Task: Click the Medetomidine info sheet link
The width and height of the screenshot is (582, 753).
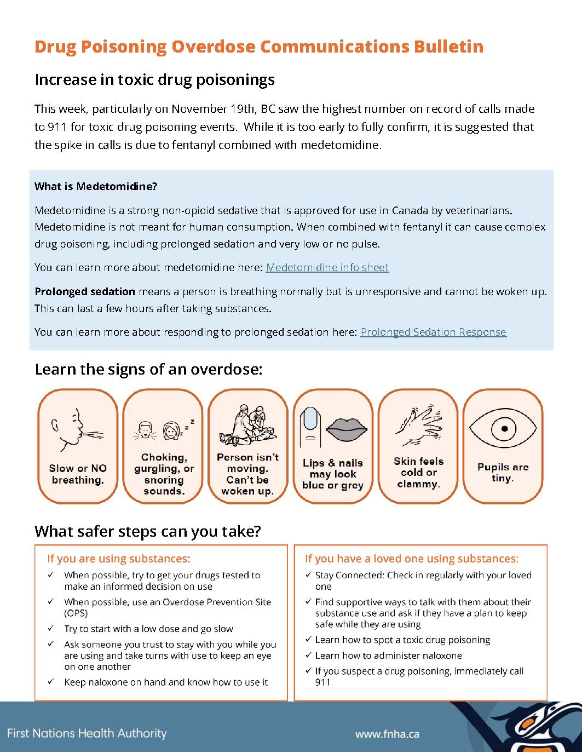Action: pos(327,268)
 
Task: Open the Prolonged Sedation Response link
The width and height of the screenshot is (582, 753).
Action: pos(433,332)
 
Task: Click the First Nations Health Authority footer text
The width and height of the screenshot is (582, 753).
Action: pos(87,733)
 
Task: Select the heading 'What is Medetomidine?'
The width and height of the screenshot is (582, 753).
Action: pos(96,187)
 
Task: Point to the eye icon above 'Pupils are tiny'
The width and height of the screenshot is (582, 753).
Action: pos(504,428)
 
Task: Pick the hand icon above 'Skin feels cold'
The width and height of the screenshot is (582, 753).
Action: pos(418,425)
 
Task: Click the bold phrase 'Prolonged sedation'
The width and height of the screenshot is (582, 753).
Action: pos(85,292)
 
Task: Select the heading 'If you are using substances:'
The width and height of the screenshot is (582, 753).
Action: pos(119,559)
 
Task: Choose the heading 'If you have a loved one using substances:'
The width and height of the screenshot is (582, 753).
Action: pos(411,559)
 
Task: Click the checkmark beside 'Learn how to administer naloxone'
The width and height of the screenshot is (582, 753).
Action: pos(309,656)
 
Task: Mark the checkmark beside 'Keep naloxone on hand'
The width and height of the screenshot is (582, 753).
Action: pos(51,682)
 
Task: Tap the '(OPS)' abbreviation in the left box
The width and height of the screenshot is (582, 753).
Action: pos(76,613)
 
